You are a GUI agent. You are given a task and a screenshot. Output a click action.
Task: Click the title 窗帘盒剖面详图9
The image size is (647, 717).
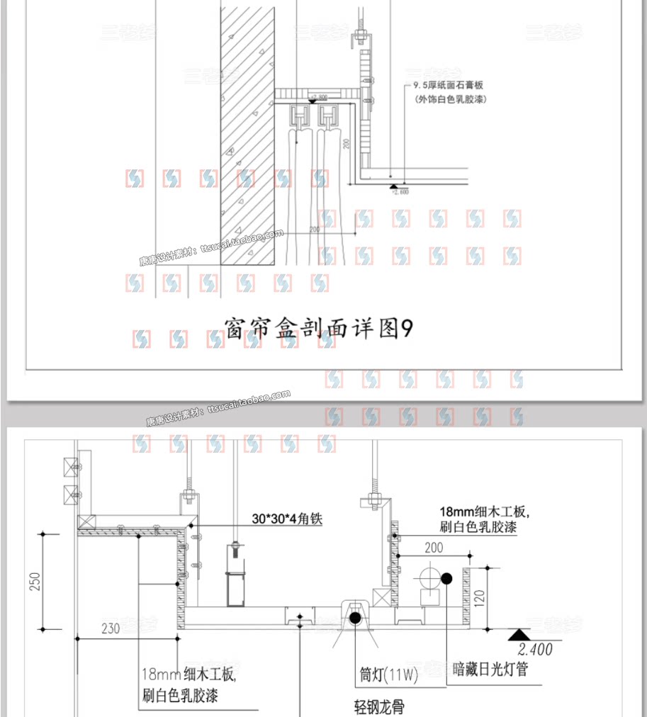click(x=317, y=328)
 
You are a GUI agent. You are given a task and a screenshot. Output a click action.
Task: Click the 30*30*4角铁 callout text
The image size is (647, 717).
click(x=287, y=519)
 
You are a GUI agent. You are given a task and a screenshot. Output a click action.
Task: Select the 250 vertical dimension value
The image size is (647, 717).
click(x=35, y=580)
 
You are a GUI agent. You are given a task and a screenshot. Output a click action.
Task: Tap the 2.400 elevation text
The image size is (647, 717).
click(x=535, y=649)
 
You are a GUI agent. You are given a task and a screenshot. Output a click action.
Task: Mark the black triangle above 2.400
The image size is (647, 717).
click(x=520, y=634)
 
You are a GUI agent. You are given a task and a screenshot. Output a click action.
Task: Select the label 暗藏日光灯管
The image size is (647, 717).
click(x=491, y=668)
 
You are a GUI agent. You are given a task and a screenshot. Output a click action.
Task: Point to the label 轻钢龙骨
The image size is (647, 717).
click(x=379, y=706)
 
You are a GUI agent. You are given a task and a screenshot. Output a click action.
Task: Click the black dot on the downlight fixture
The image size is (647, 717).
click(x=354, y=618)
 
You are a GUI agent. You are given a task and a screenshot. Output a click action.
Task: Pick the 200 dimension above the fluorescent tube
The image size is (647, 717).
click(x=434, y=548)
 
